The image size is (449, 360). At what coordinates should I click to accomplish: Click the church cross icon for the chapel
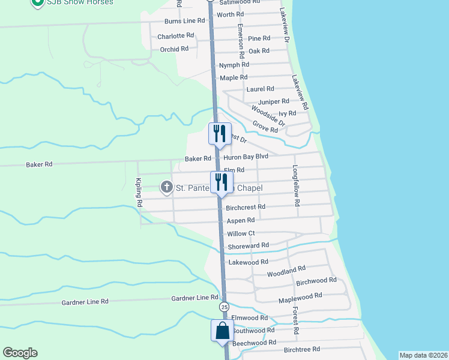166,188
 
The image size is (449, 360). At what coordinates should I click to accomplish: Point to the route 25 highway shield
224,307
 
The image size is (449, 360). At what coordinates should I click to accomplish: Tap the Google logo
20,353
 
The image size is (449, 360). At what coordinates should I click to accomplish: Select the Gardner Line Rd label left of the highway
85,302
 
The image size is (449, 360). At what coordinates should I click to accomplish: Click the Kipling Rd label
139,193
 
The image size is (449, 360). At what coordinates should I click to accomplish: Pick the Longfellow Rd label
295,186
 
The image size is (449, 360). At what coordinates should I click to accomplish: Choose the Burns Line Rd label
185,21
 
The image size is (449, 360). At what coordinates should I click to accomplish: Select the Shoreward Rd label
248,245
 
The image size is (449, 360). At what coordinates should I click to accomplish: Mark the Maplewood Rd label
300,296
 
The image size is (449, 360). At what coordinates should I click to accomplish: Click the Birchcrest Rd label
246,208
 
